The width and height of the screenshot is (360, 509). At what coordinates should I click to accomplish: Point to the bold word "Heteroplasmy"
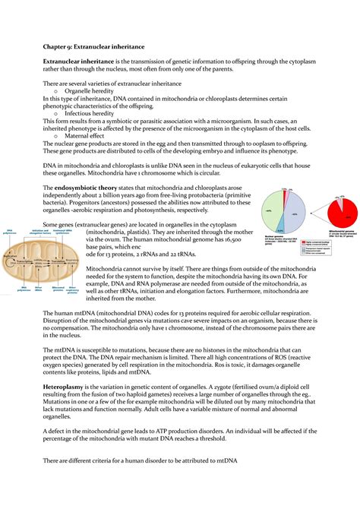tap(69, 387)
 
